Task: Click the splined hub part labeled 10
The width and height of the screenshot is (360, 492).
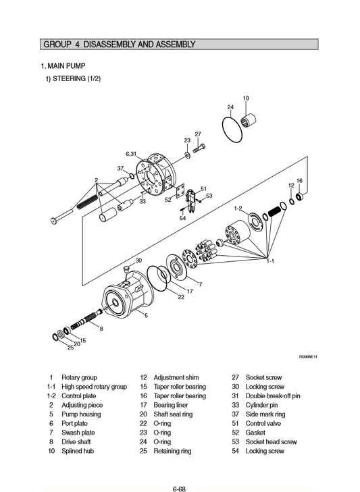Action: coord(248,120)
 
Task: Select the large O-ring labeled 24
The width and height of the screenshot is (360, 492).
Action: coord(222,129)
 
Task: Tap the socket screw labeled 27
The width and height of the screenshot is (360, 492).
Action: coord(199,148)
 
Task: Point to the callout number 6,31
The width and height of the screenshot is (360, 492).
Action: coord(131,154)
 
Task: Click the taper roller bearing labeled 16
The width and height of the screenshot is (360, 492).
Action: coord(301,197)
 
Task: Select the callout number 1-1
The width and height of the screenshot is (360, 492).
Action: coord(270,261)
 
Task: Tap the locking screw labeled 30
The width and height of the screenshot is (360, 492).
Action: coord(127,270)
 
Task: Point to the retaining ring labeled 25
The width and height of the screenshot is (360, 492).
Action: coord(55,337)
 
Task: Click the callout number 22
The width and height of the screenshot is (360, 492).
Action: coord(181,296)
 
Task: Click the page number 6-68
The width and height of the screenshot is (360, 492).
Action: coord(180,489)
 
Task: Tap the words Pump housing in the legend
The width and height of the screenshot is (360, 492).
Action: coord(81,414)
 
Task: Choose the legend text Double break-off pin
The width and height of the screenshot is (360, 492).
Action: coord(273,396)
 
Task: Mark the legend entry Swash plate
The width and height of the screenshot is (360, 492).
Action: coord(78,433)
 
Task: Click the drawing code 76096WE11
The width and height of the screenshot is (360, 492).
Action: coord(308,357)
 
